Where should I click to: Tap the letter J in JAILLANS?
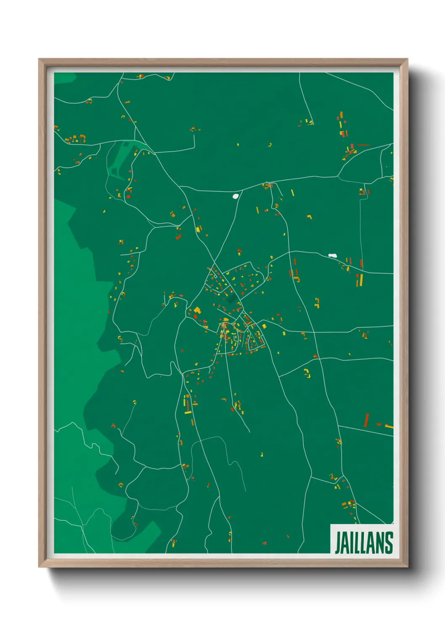coord(337,543)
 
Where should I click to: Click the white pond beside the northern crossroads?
coord(236,195)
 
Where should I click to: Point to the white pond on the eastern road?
coord(333,255)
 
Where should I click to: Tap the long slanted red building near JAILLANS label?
coord(366,419)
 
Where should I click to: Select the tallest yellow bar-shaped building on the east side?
coord(361,280)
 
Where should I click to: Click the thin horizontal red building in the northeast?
coord(363,145)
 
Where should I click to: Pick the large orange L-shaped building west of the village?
coord(197,310)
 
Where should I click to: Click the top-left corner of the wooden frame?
coord(39,59)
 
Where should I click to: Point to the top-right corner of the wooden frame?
coord(407,59)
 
